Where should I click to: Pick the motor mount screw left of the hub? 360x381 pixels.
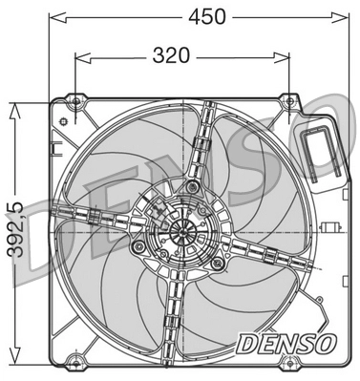tap(138, 246)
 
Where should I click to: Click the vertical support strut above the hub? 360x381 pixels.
tap(201, 143)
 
